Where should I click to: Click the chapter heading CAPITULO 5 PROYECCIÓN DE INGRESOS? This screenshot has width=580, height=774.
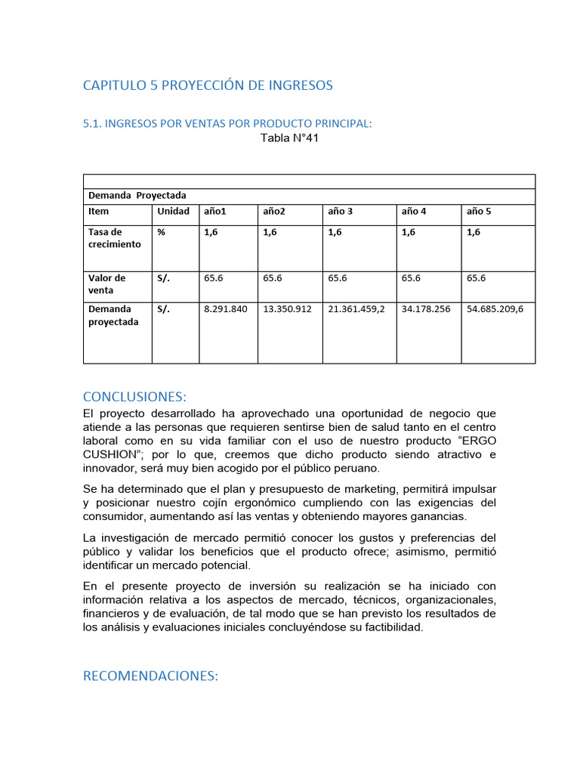click(x=208, y=85)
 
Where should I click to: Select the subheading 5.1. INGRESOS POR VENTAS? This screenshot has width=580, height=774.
click(x=227, y=123)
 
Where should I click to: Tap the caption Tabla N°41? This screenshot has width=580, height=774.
click(x=284, y=138)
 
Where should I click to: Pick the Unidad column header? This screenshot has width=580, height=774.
click(x=173, y=212)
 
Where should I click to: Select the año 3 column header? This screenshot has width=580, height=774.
click(x=341, y=212)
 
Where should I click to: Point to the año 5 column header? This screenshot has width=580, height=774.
click(x=479, y=212)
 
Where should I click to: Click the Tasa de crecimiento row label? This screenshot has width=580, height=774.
click(x=115, y=238)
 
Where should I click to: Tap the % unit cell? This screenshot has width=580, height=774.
click(x=162, y=233)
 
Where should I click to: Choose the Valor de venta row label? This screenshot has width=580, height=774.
click(x=107, y=284)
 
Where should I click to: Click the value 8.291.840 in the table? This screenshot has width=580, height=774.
click(x=225, y=309)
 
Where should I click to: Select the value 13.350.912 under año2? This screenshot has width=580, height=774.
click(x=287, y=309)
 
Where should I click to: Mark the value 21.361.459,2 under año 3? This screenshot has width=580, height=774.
click(x=356, y=309)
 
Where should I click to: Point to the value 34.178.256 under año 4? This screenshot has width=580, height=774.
click(x=426, y=309)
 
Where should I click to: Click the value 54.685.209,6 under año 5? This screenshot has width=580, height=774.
click(x=495, y=309)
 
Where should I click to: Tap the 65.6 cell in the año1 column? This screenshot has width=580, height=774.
click(x=214, y=278)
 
